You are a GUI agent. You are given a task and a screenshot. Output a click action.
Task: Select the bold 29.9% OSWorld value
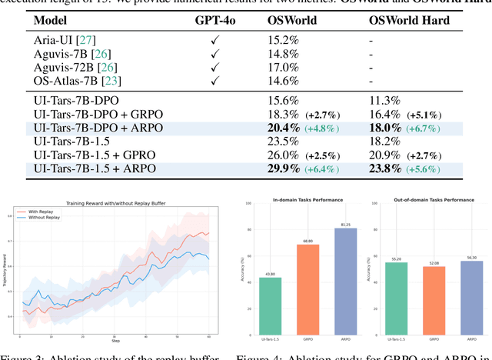coord(262,168)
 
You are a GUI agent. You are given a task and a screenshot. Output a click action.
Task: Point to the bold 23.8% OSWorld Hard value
coord(384,168)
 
